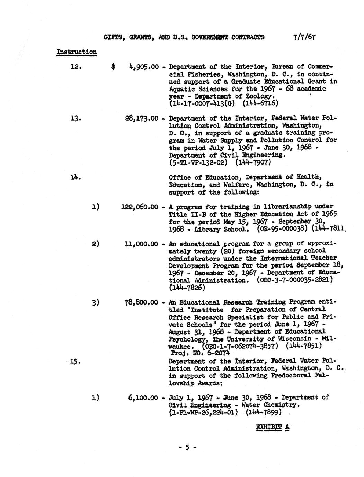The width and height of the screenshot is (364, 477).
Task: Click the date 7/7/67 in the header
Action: [x=304, y=37]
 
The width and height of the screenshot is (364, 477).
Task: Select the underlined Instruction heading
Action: [x=76, y=52]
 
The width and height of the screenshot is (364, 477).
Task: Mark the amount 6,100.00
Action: [x=143, y=398]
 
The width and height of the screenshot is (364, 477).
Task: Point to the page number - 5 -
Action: [x=187, y=447]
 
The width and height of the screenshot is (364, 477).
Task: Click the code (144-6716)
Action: [x=258, y=103]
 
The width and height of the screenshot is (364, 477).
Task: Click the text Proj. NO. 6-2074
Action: [x=200, y=353]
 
